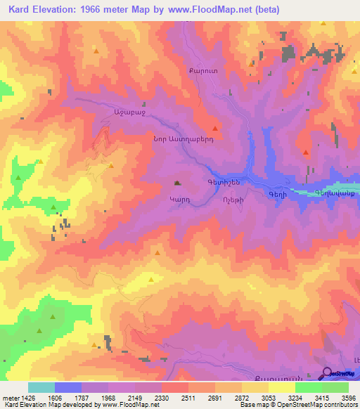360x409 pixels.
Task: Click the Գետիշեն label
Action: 225,182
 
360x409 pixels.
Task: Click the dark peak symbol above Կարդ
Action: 177,184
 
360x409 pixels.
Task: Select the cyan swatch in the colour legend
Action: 41,387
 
